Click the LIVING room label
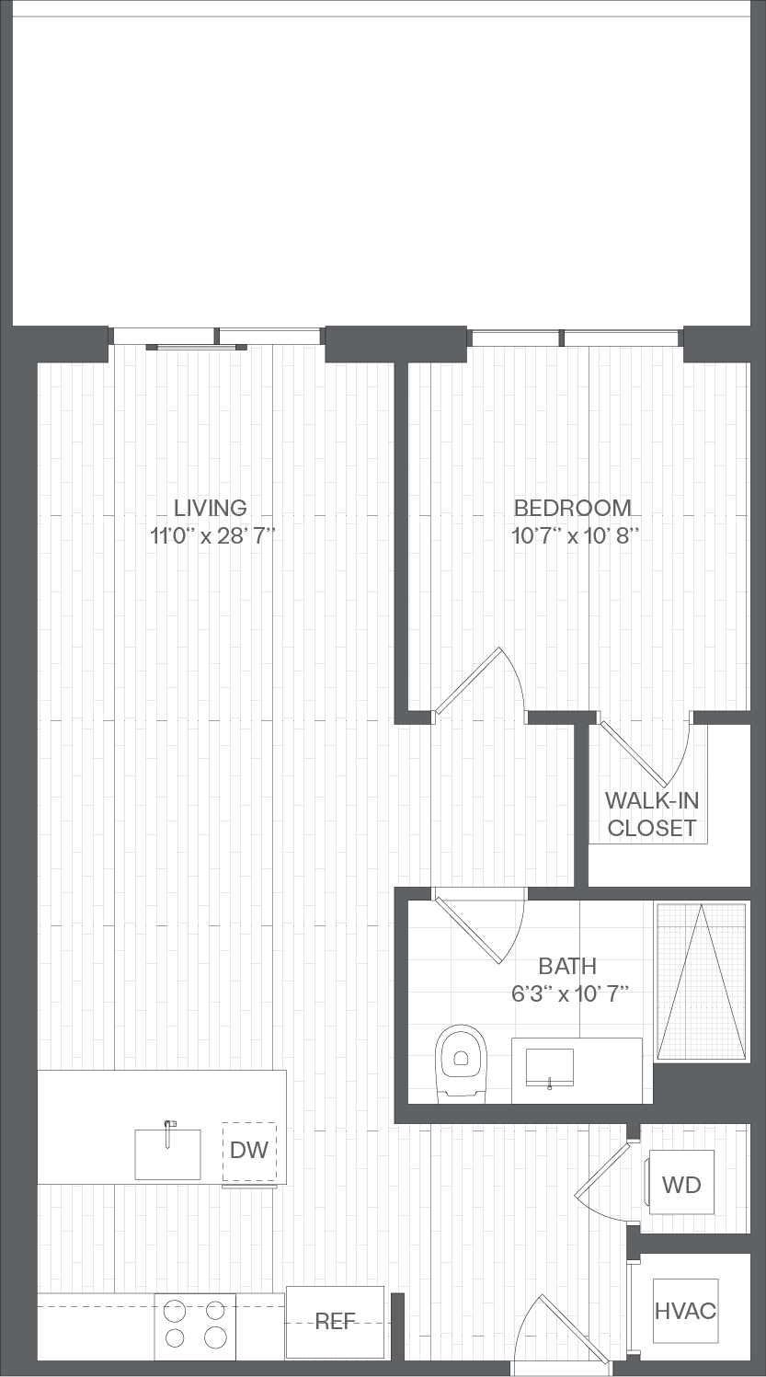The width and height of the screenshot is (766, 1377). pos(211,508)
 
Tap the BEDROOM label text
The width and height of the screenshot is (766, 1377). pos(573,508)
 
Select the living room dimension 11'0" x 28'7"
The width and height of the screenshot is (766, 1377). pos(212,536)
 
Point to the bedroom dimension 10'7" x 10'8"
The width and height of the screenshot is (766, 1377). pos(576,536)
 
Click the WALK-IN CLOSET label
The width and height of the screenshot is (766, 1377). pos(652,814)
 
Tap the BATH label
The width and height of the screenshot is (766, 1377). pos(567,967)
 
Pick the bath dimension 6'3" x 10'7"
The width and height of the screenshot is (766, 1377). pos(570,994)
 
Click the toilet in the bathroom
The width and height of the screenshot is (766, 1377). pos(461,1061)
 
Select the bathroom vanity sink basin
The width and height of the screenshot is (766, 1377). pos(550,1068)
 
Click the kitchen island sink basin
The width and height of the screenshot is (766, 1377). pos(168,1153)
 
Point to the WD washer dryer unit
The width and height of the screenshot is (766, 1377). pos(680,1182)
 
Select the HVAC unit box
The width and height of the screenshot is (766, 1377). pos(685,1311)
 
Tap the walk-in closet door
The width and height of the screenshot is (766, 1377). pos(646,753)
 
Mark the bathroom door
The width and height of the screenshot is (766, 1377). pos(479,925)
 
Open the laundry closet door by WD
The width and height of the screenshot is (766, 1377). pos(602,1180)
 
